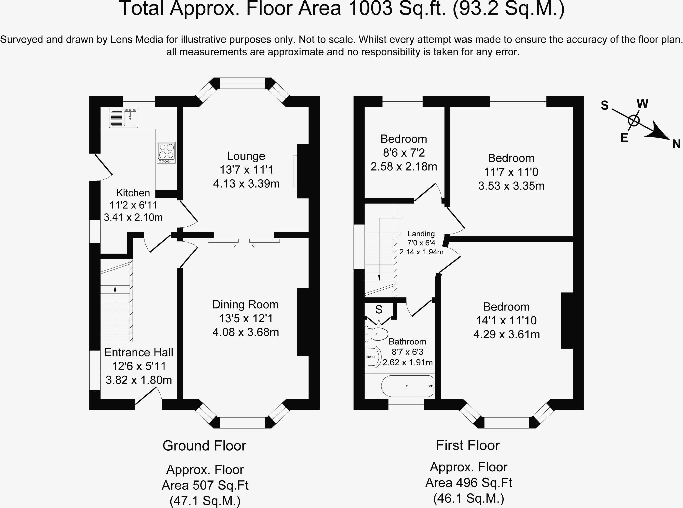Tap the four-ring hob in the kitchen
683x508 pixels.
(x=166, y=153)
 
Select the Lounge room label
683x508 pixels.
(x=246, y=156)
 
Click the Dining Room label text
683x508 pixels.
(x=245, y=305)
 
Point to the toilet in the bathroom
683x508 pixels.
(x=377, y=334)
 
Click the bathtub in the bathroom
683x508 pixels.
(x=407, y=386)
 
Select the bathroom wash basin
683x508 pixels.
(x=373, y=357)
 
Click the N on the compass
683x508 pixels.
(x=676, y=144)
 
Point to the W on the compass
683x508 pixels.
(x=642, y=104)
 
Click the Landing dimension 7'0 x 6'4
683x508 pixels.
(x=421, y=243)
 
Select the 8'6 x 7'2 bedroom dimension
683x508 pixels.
(x=404, y=153)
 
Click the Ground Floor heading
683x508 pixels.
(x=204, y=446)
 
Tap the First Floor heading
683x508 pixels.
(x=468, y=445)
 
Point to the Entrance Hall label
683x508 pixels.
(x=139, y=352)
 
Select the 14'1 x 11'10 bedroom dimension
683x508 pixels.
(x=506, y=321)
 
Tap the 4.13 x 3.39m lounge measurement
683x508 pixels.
(x=246, y=184)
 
